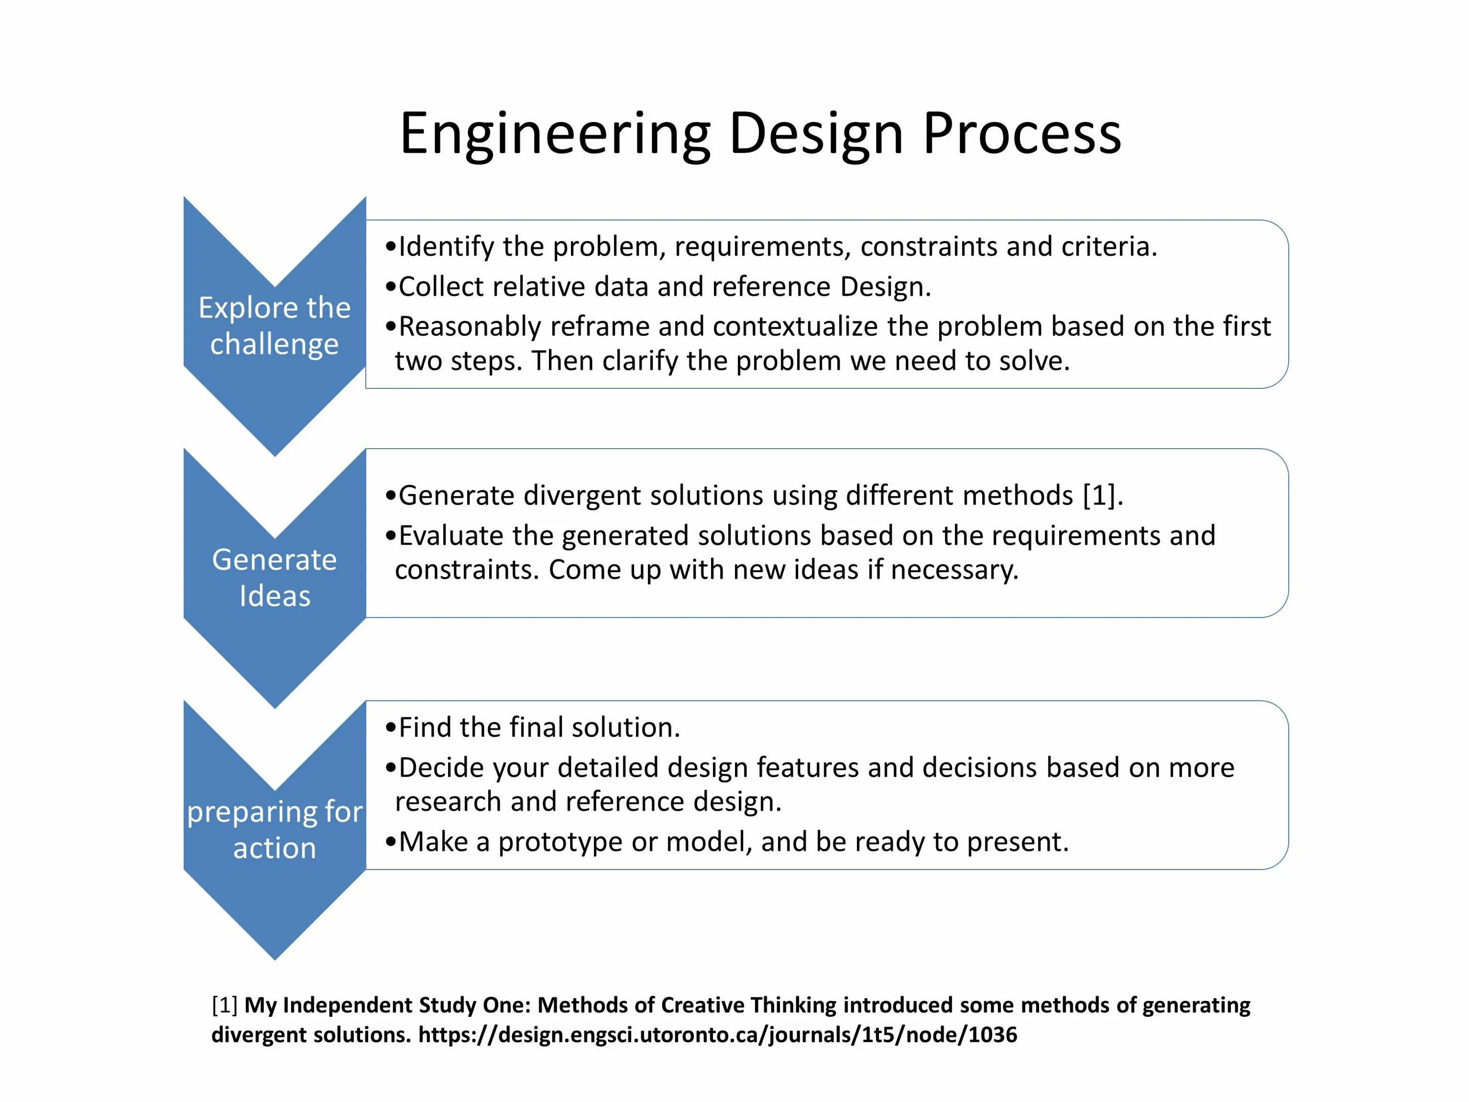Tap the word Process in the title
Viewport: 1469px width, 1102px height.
tap(1021, 134)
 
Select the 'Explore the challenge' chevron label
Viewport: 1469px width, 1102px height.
tap(274, 326)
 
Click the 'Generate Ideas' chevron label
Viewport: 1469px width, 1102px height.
tap(274, 577)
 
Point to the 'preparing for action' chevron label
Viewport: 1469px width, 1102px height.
tap(274, 830)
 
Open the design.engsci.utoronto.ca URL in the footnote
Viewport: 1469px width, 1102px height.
tap(717, 1034)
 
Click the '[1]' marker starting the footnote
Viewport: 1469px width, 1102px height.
tap(224, 1005)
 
